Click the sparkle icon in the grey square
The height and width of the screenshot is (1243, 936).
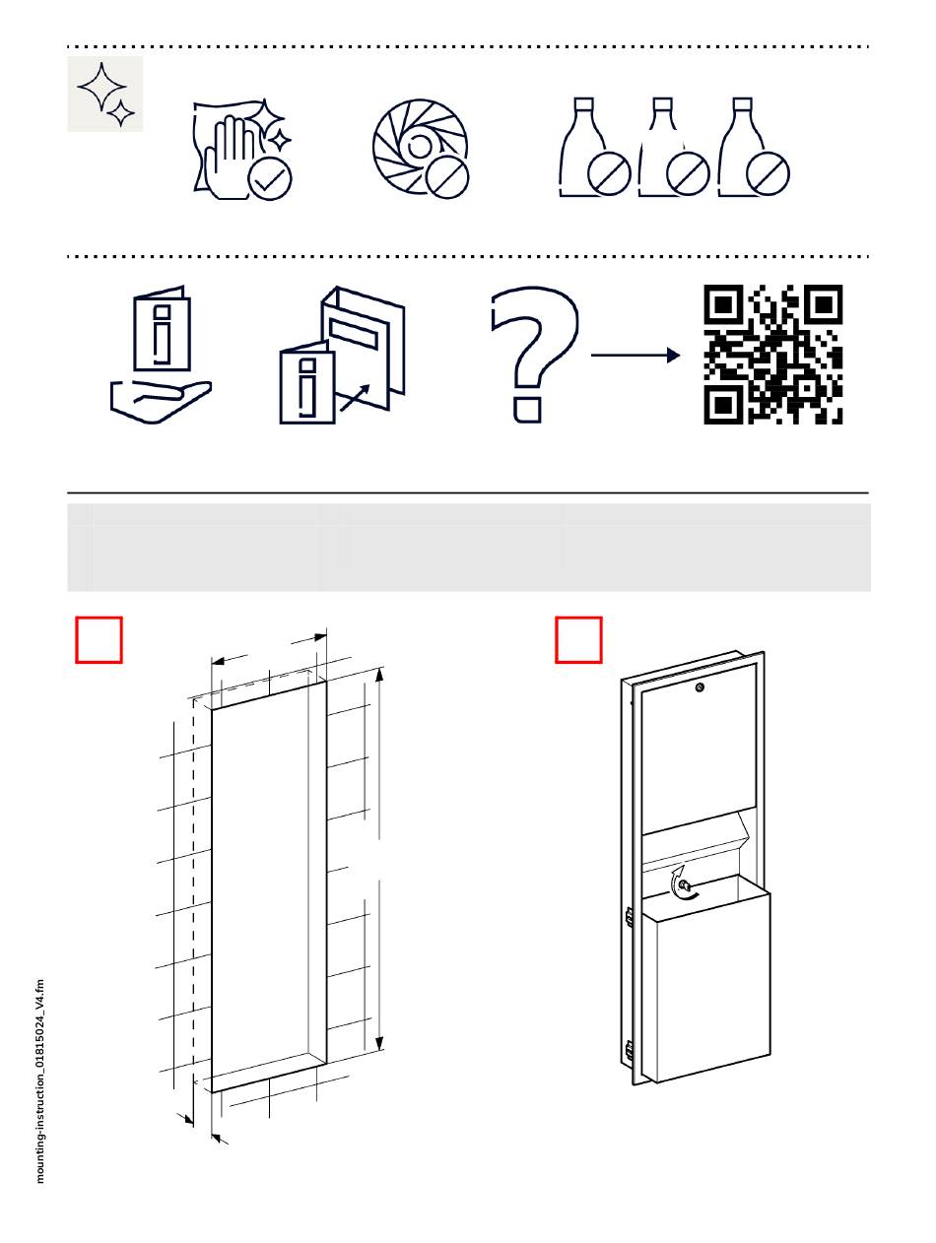[x=105, y=94]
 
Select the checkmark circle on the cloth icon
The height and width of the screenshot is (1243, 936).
[x=270, y=178]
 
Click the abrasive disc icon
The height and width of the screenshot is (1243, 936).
[x=414, y=143]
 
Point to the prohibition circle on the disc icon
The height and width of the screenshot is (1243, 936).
[x=447, y=177]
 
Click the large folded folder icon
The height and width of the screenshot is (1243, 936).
[x=363, y=340]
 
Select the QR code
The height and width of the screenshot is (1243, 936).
[x=773, y=355]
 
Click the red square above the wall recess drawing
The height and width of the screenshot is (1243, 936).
[x=100, y=640]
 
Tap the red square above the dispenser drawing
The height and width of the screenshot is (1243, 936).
[x=578, y=640]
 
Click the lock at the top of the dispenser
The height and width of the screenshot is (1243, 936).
[x=699, y=687]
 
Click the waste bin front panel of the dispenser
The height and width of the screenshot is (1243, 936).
[x=705, y=985]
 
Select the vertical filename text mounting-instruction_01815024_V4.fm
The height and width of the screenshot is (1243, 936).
[x=40, y=1079]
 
